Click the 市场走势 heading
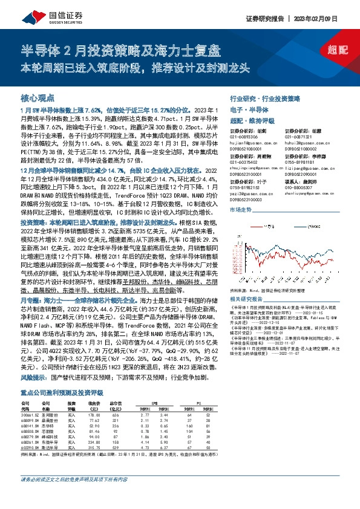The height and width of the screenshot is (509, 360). pos(241,209)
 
